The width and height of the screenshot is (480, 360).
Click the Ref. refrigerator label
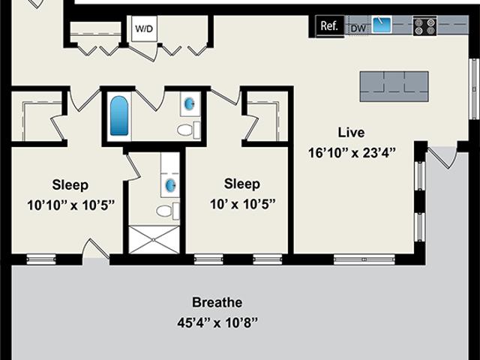point(329,25)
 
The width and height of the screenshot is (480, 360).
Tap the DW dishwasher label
point(358,28)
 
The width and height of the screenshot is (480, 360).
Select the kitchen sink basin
point(382,25)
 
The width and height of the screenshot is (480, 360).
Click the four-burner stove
point(424,26)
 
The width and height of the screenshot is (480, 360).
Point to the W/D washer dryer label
point(144,28)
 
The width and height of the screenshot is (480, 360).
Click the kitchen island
point(394,86)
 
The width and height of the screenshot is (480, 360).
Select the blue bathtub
point(119,115)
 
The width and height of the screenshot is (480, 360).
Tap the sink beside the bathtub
point(189,104)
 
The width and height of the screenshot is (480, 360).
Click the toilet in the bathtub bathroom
point(188,130)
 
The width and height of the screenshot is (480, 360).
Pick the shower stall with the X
point(153,240)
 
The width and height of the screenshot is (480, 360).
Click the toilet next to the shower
point(168,211)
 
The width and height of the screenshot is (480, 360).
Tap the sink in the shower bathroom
point(170,185)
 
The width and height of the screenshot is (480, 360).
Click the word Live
point(351,133)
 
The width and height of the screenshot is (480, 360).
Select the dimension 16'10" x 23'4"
point(352,153)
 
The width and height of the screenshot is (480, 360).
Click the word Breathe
point(217,302)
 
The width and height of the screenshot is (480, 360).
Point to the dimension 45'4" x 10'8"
point(217,322)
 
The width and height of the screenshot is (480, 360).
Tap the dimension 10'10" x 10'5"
point(70,205)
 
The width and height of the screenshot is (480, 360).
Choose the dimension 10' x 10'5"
point(242,204)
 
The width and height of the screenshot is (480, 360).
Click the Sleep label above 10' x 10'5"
point(241,184)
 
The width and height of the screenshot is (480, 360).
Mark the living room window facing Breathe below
point(364,259)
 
